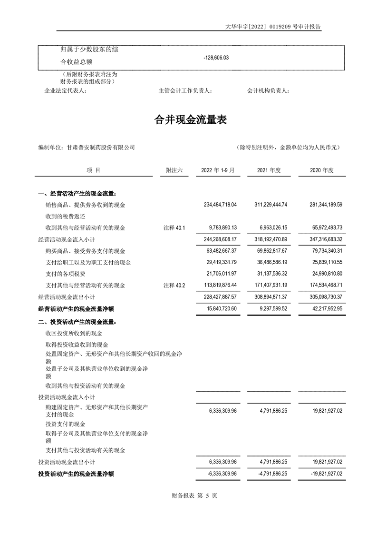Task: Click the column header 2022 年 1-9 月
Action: pyautogui.click(x=218, y=170)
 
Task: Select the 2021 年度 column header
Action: pyautogui.click(x=269, y=170)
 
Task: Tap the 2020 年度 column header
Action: pyautogui.click(x=322, y=170)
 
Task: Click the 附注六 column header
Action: pyautogui.click(x=174, y=170)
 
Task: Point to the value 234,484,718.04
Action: pyautogui.click(x=216, y=205)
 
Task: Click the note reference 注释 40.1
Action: pyautogui.click(x=174, y=227)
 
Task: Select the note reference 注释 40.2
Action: pyautogui.click(x=174, y=285)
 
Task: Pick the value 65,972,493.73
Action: pyautogui.click(x=322, y=227)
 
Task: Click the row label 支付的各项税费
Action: pyautogui.click(x=66, y=274)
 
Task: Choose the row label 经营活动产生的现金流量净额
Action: pyautogui.click(x=76, y=308)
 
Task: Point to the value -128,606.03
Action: pyautogui.click(x=216, y=57)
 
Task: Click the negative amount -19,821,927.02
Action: pyautogui.click(x=321, y=474)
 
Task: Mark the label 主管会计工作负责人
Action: pyautogui.click(x=185, y=90)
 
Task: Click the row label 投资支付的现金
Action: pyautogui.click(x=66, y=424)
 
